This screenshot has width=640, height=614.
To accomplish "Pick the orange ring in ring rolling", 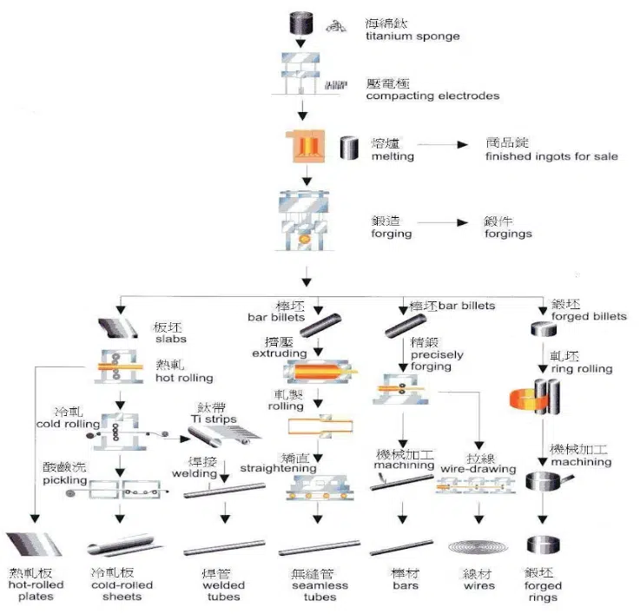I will point(523,399).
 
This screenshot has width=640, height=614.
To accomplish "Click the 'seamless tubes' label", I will point(313,591).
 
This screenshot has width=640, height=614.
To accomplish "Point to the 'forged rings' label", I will point(543,591).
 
